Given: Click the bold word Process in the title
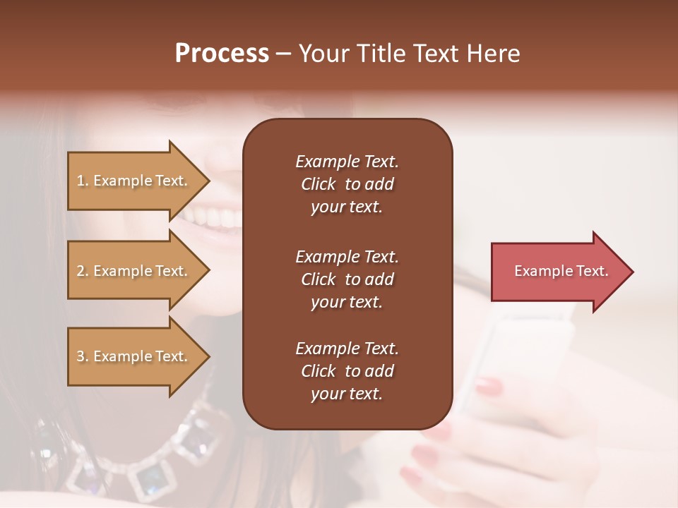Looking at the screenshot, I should (222, 54).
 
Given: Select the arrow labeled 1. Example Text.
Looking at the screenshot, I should (134, 181).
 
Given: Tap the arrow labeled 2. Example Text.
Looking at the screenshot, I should (134, 271).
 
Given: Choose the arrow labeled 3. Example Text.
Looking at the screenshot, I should (134, 356).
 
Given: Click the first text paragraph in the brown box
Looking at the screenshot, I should (347, 184).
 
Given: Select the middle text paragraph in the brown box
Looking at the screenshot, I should (347, 279).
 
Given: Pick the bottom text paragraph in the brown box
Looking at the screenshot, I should (347, 371).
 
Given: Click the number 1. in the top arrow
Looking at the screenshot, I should (83, 181).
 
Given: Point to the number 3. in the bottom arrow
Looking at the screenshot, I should (83, 356).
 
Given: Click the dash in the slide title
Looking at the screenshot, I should (283, 54).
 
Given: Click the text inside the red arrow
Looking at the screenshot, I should (561, 271).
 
